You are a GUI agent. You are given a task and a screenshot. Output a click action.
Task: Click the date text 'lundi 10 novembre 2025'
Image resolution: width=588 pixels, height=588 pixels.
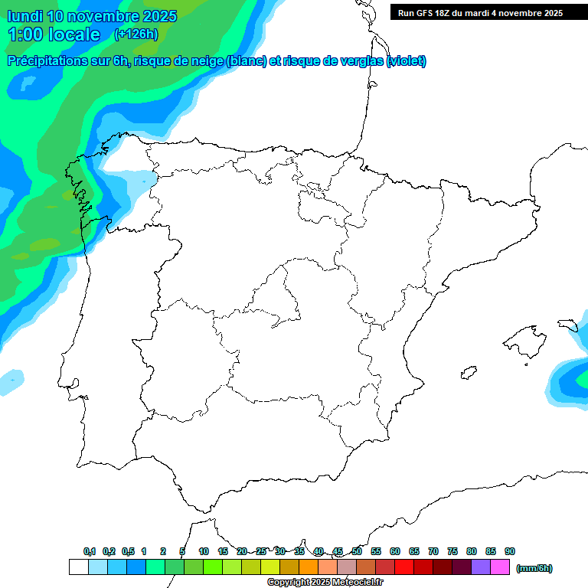[92, 16]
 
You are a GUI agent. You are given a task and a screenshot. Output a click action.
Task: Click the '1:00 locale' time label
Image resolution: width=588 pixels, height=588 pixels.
[54, 34]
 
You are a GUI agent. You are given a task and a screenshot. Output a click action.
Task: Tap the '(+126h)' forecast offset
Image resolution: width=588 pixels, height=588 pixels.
[136, 34]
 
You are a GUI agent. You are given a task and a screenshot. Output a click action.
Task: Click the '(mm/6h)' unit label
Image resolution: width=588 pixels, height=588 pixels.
[534, 568]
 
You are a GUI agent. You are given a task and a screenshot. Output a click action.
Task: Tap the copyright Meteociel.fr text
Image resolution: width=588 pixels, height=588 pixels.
[325, 583]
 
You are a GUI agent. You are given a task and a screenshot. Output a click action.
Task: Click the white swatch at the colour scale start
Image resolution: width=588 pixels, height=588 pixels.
[78, 567]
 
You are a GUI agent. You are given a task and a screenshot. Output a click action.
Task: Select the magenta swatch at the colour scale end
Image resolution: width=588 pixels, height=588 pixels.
[500, 567]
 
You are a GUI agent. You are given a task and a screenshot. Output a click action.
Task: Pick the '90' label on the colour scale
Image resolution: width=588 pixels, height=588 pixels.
[510, 551]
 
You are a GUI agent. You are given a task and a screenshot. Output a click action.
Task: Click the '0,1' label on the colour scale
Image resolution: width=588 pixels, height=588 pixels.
[90, 551]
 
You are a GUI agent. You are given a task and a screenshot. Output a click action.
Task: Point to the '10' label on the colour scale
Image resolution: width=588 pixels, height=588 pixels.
[204, 551]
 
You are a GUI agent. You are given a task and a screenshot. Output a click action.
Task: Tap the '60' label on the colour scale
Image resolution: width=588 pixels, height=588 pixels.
[395, 551]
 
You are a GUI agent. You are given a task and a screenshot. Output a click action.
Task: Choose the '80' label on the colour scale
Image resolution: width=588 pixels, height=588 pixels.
[472, 551]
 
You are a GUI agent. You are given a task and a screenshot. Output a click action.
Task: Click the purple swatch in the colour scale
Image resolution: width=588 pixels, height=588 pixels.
[481, 567]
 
